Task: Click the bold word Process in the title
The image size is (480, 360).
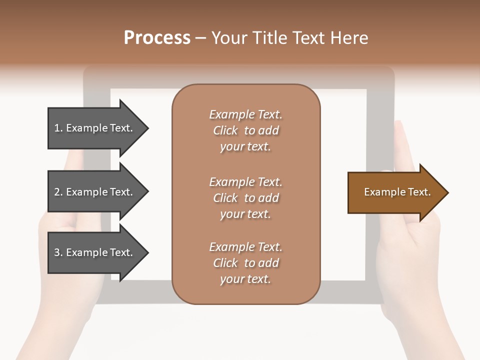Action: (157, 37)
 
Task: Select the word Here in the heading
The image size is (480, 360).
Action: (349, 37)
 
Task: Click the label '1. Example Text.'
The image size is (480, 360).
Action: (93, 128)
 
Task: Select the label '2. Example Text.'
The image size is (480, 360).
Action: (93, 192)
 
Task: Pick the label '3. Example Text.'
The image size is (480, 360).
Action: (93, 252)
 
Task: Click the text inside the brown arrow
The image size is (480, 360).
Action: (397, 192)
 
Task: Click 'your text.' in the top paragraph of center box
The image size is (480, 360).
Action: (245, 147)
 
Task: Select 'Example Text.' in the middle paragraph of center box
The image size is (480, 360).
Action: (245, 182)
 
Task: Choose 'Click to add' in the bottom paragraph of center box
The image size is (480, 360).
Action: (245, 263)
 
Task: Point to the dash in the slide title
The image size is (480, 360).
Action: (201, 38)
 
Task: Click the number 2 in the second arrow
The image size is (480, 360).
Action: (57, 192)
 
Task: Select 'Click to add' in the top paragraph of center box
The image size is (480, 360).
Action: (245, 131)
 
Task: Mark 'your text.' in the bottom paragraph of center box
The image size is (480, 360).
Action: (245, 279)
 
